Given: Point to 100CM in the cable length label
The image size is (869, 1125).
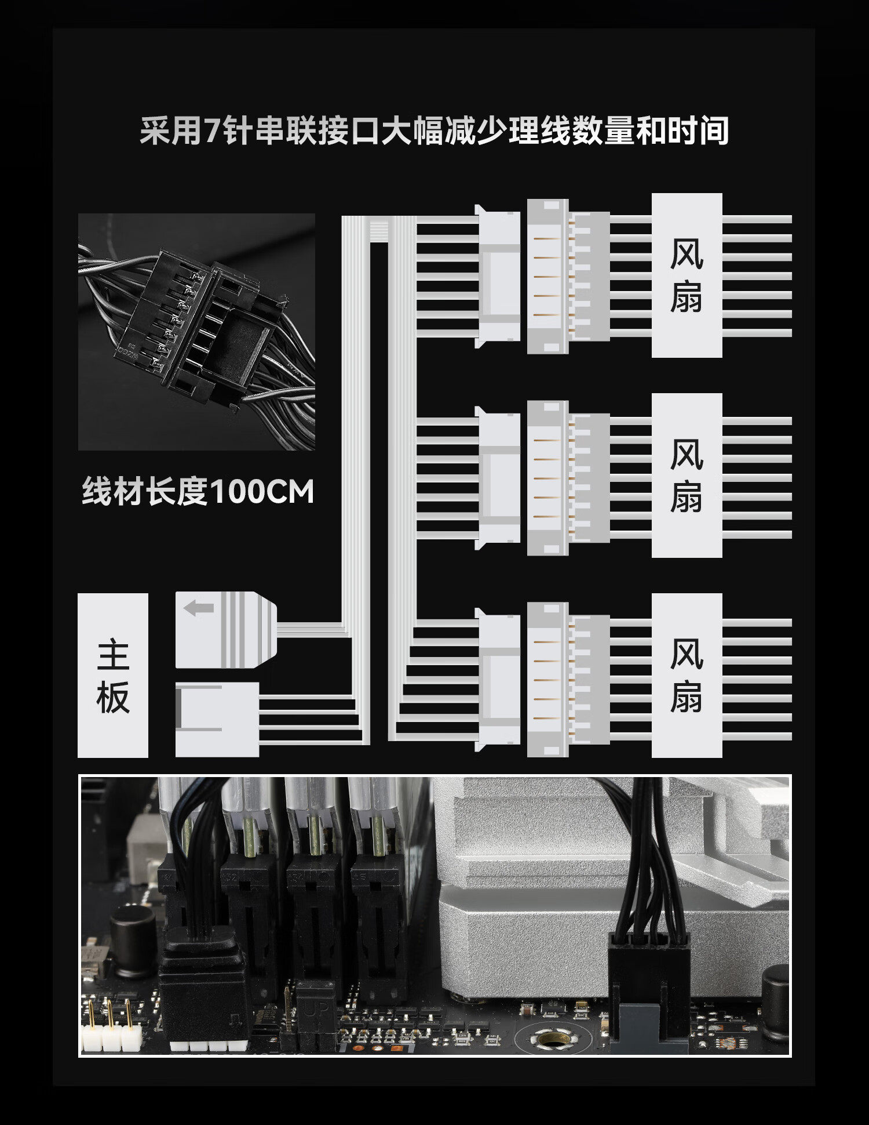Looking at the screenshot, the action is pyautogui.click(x=261, y=492).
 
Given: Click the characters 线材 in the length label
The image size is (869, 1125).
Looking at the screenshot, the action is pyautogui.click(x=113, y=492).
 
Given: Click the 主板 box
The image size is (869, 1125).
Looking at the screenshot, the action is pyautogui.click(x=113, y=675).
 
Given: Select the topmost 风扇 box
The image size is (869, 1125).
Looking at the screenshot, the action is pyautogui.click(x=687, y=275).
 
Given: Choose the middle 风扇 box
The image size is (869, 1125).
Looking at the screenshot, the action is pyautogui.click(x=687, y=476).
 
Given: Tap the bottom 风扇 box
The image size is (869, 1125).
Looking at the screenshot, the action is pyautogui.click(x=687, y=675).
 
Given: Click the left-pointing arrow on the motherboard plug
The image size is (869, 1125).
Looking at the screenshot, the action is pyautogui.click(x=199, y=608).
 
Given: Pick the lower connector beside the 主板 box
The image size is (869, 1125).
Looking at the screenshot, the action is pyautogui.click(x=217, y=719).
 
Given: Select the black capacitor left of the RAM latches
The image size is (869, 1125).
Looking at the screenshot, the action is pyautogui.click(x=133, y=934).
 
